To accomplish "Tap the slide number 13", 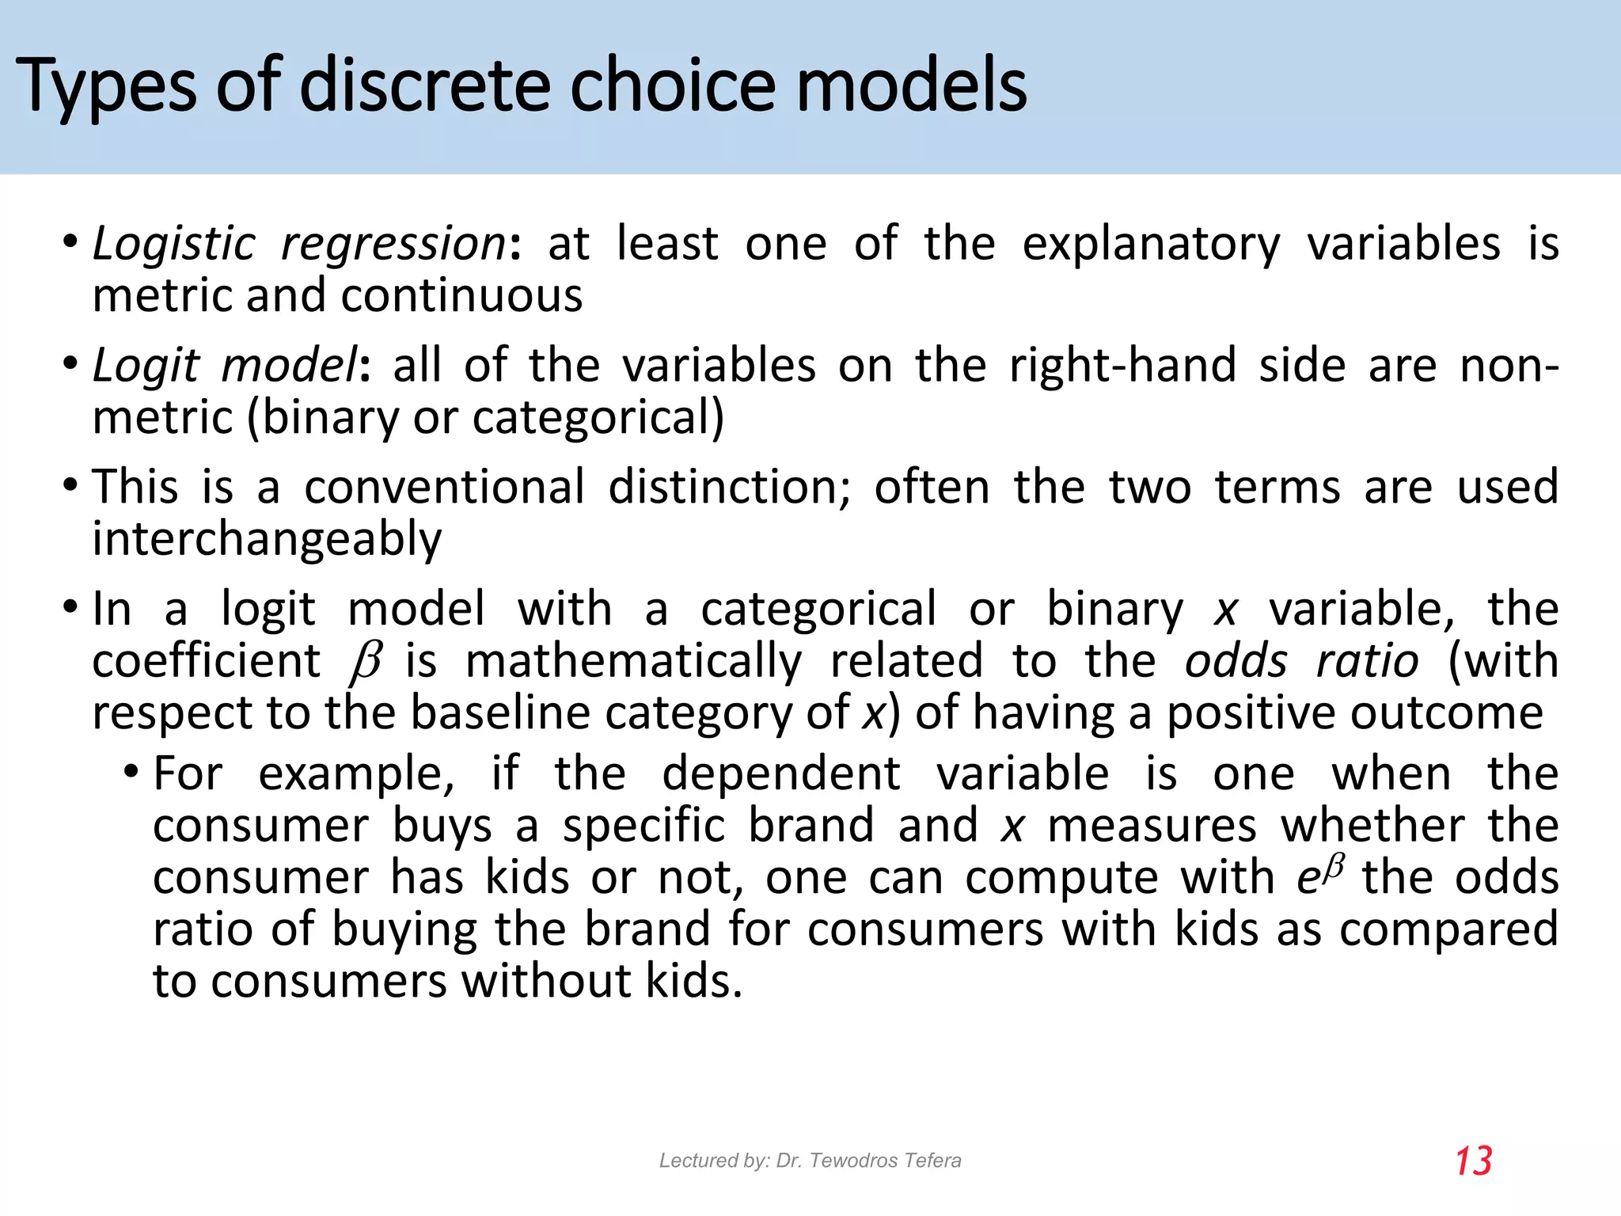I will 1473,1161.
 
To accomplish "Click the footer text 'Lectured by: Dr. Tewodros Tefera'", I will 810,1161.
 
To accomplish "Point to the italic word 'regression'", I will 393,244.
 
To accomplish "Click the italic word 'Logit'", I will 146,366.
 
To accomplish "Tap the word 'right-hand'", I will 1122,366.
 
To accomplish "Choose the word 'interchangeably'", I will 267,540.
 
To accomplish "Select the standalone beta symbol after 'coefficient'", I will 365,662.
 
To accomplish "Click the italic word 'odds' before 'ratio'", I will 1236,661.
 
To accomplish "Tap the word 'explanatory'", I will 1151,244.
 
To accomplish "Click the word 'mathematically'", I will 633,661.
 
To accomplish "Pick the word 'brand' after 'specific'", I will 811,825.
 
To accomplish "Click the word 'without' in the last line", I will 545,982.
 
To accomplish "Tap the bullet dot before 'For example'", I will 131,771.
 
